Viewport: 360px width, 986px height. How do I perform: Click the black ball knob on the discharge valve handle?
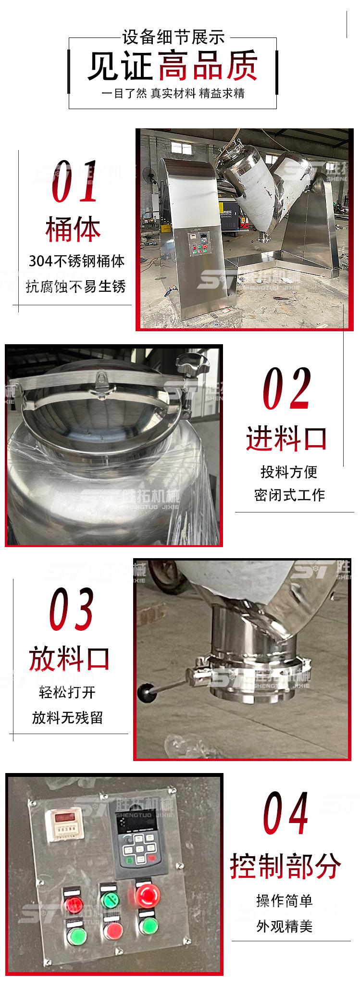[144, 692]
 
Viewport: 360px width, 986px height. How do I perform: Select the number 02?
[286, 389]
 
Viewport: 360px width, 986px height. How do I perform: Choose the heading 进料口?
[286, 438]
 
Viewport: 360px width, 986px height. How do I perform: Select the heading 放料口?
[70, 658]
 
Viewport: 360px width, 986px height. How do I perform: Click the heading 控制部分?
[286, 865]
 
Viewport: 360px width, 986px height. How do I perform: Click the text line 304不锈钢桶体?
[76, 262]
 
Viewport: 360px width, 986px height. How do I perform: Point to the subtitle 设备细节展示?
[173, 37]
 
